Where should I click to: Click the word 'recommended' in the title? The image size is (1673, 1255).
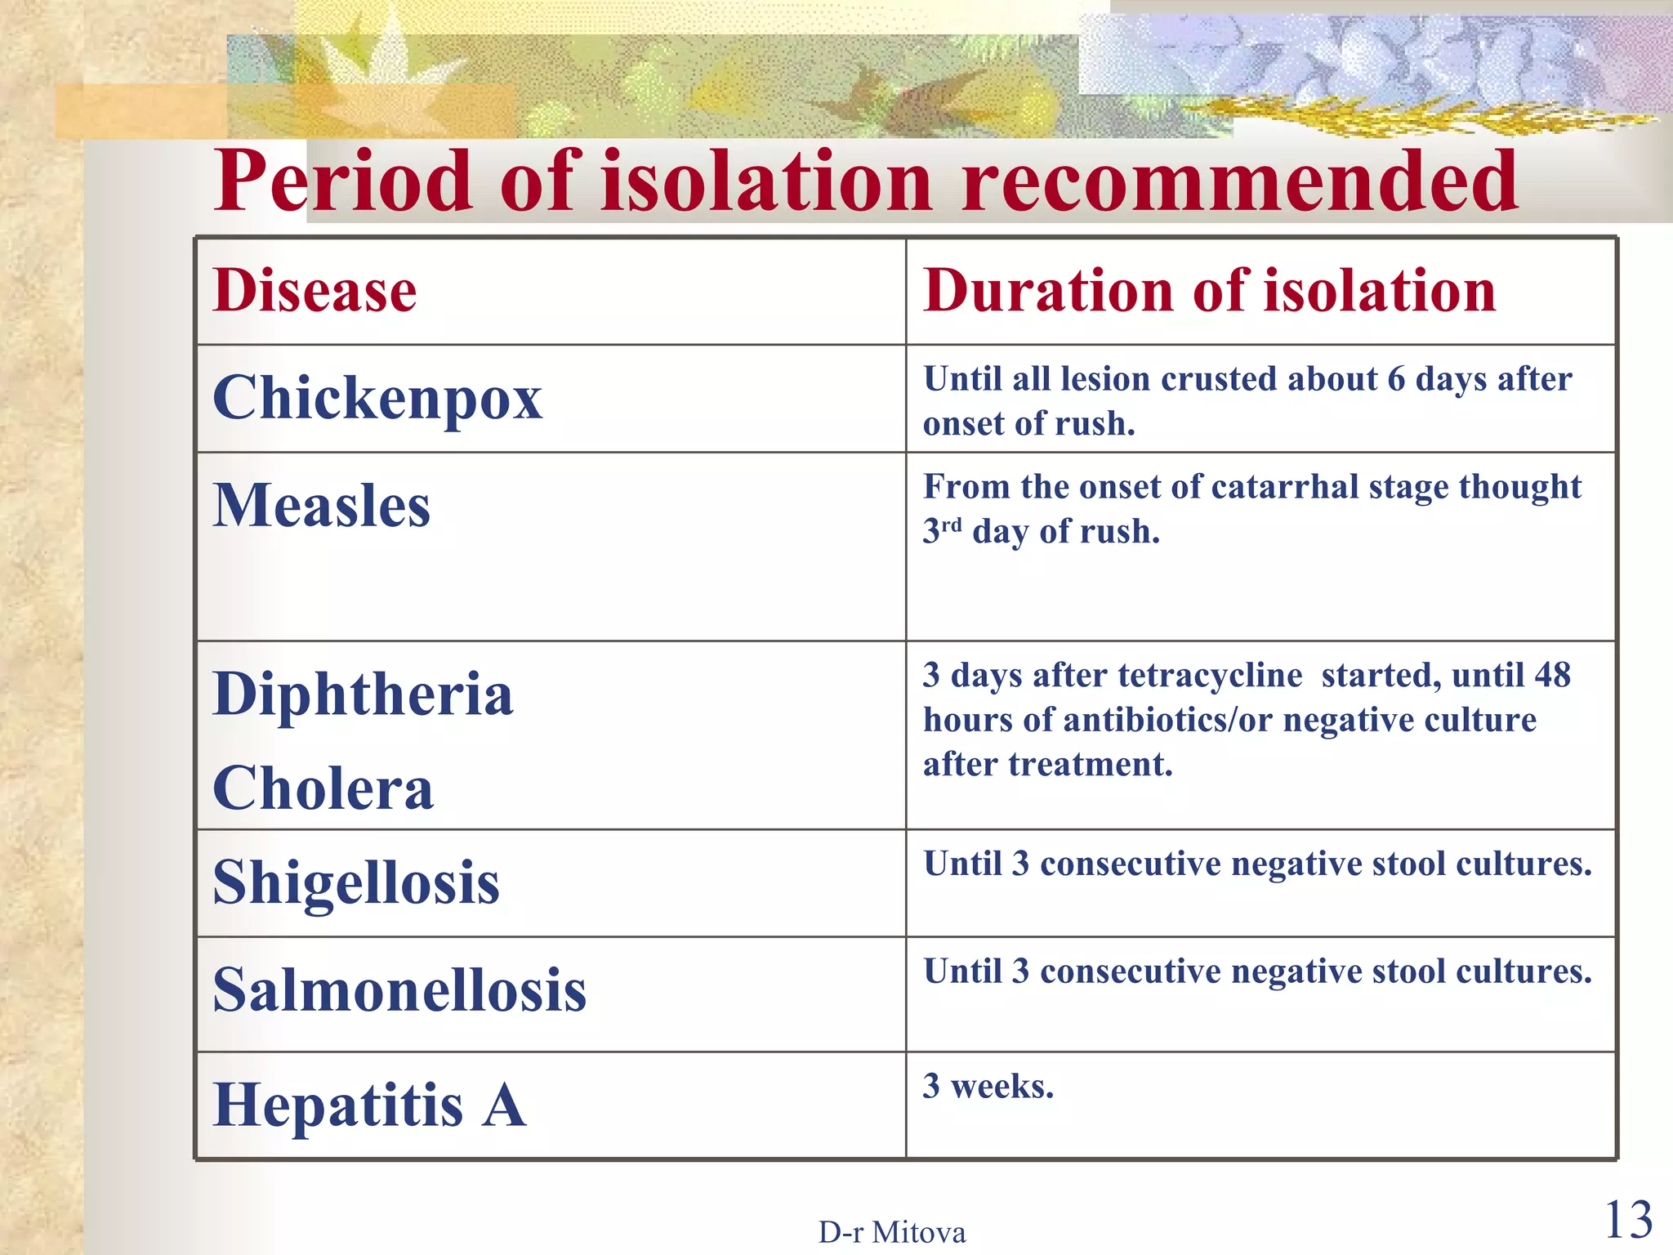point(1239,181)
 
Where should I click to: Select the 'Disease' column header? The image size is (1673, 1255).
point(315,291)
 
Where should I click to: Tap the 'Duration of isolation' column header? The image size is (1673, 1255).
point(1209,291)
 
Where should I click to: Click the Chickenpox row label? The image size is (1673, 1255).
point(377,399)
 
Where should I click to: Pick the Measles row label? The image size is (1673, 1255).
point(321,506)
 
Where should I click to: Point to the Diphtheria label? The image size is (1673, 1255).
point(363,694)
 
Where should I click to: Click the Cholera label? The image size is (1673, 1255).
point(323,789)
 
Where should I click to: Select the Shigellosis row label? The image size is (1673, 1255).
point(356,883)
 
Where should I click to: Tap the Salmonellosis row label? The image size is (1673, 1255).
point(399,990)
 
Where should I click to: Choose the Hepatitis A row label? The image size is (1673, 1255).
point(369,1105)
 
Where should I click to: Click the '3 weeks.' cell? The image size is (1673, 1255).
point(988,1087)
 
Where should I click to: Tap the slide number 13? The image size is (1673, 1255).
point(1628,1221)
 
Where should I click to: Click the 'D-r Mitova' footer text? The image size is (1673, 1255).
point(892,1232)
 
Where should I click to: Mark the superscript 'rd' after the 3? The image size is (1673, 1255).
point(952,524)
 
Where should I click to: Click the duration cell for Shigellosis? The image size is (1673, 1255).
point(1257,864)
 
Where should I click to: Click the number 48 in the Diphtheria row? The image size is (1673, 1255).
point(1552,676)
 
